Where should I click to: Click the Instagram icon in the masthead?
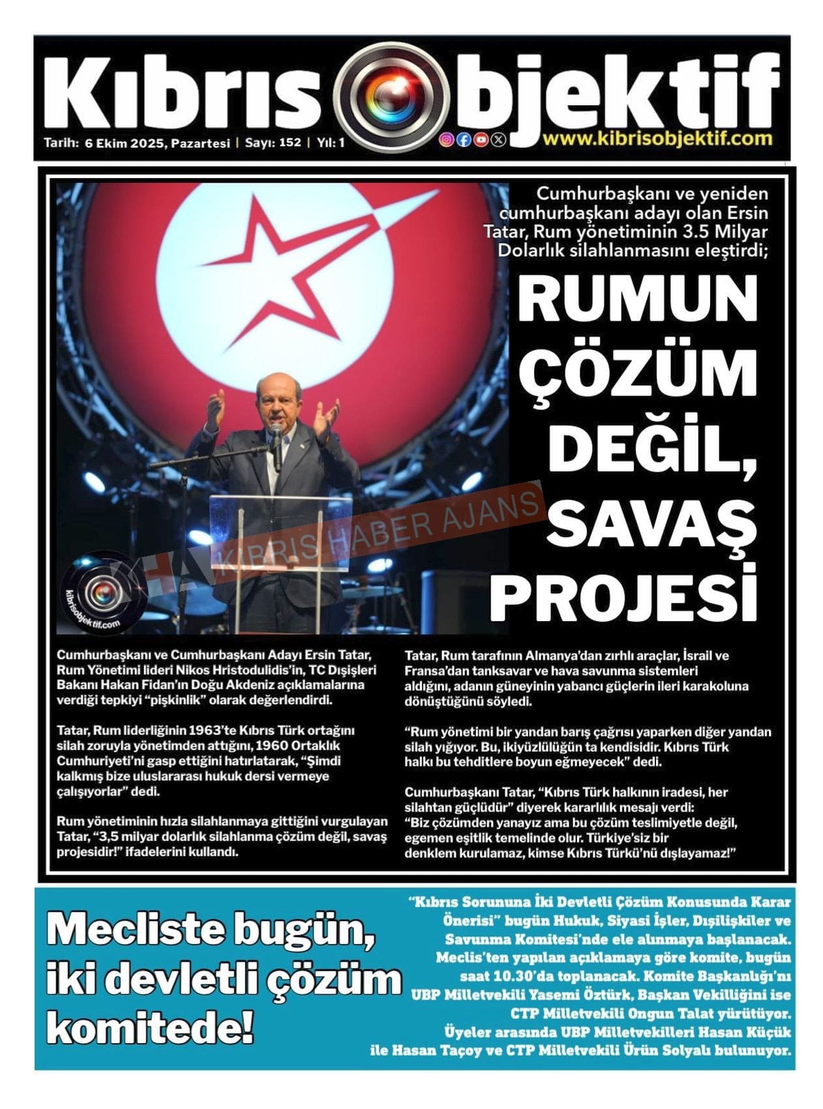[447, 139]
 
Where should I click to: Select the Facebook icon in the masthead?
[464, 139]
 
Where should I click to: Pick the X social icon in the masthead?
[498, 139]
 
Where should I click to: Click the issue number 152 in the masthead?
[290, 142]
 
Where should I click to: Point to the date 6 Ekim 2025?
[125, 143]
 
